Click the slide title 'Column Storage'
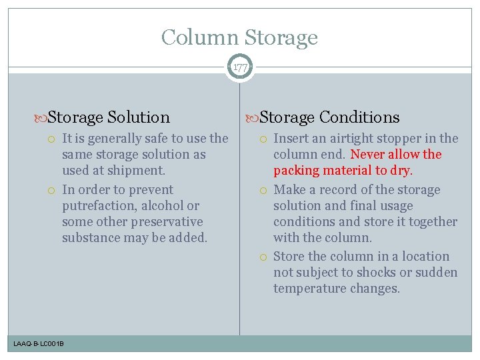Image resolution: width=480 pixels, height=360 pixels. (239, 37)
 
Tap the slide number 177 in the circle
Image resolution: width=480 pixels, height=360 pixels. (239, 67)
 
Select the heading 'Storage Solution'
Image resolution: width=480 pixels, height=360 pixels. (109, 117)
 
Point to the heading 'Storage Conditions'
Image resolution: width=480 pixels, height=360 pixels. (329, 117)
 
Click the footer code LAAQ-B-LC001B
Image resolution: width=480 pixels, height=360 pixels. (39, 343)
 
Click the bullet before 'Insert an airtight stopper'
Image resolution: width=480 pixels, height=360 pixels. (265, 139)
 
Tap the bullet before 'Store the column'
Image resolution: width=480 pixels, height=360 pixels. (265, 257)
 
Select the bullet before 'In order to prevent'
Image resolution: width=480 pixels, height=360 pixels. (53, 190)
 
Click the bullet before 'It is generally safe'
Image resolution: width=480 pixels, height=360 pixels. (53, 139)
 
